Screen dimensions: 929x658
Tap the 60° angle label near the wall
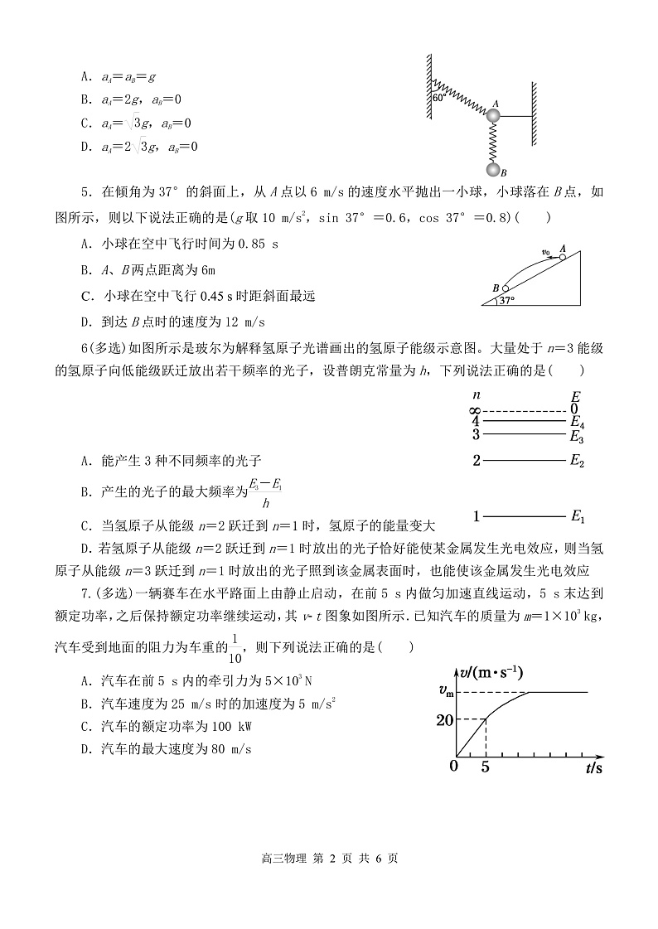(x=439, y=97)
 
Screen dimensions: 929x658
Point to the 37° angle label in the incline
(x=506, y=301)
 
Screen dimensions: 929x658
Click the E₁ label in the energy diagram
(x=578, y=517)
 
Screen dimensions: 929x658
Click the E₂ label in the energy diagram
(x=578, y=462)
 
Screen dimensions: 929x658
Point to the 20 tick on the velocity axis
(x=444, y=719)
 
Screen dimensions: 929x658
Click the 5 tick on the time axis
(x=485, y=767)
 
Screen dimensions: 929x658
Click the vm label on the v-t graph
(x=445, y=691)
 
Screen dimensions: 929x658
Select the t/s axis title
(x=593, y=768)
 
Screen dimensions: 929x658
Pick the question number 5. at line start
(x=85, y=194)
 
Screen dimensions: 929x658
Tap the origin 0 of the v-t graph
(x=453, y=765)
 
